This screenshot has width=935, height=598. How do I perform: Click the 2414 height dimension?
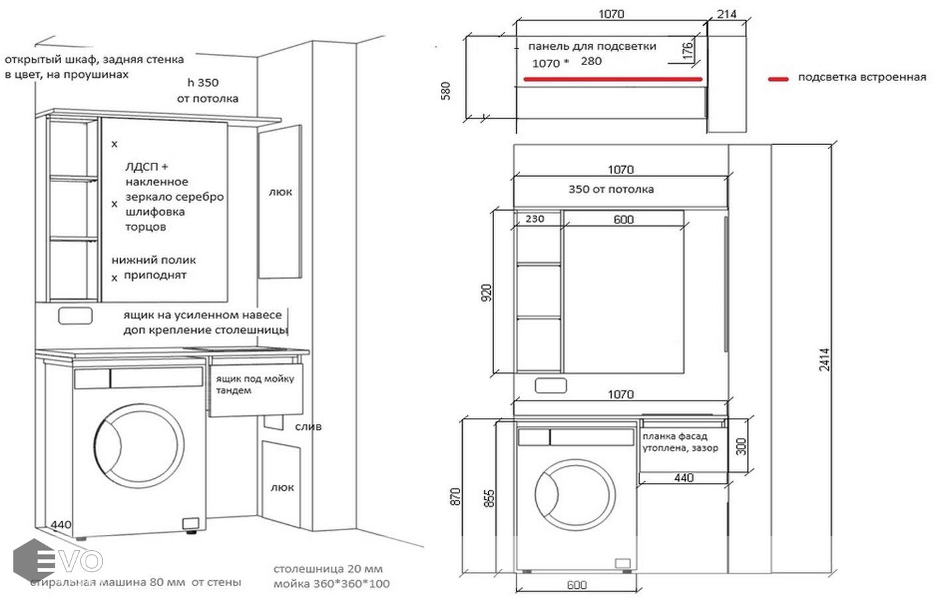824,359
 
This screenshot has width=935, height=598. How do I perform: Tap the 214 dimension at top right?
726,14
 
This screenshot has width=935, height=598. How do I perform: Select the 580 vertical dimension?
446,90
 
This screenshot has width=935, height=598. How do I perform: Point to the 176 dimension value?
688,50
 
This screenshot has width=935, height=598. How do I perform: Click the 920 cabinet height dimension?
487,293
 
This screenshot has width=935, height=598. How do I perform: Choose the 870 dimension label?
455,496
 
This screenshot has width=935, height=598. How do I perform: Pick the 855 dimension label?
489,498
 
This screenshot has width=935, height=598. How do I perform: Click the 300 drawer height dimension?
742,446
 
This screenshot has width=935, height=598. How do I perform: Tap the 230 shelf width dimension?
535,219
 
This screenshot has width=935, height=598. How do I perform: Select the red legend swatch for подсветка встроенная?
778,78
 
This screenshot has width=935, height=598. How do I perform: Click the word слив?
308,427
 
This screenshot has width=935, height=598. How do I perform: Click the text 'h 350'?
203,83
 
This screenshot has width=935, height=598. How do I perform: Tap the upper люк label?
280,192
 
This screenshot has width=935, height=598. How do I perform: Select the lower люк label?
282,487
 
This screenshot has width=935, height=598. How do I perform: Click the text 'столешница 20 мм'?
328,569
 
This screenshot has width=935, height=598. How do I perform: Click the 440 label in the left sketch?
61,524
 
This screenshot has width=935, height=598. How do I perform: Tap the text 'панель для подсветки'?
592,47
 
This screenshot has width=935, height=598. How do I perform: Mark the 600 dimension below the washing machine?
576,585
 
